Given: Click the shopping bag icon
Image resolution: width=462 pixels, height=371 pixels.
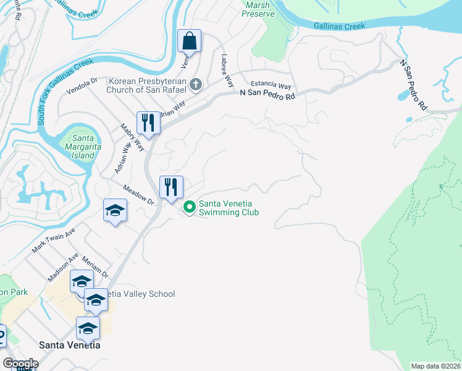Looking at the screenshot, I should click(x=189, y=41).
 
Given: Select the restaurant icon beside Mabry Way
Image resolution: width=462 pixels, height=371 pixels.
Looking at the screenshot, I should click(x=148, y=122).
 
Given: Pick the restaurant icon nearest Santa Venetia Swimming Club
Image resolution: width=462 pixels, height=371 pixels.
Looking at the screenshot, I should click(x=171, y=186).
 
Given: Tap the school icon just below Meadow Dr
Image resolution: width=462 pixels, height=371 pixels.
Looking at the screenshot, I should click(x=115, y=211).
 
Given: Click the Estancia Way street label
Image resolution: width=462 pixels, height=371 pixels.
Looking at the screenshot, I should click(x=270, y=86).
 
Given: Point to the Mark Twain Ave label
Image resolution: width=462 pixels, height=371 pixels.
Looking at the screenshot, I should click(x=53, y=241).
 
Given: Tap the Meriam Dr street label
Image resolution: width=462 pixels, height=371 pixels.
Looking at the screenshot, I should click(x=94, y=266).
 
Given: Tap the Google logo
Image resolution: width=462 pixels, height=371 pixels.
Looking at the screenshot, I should click(x=20, y=364).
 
